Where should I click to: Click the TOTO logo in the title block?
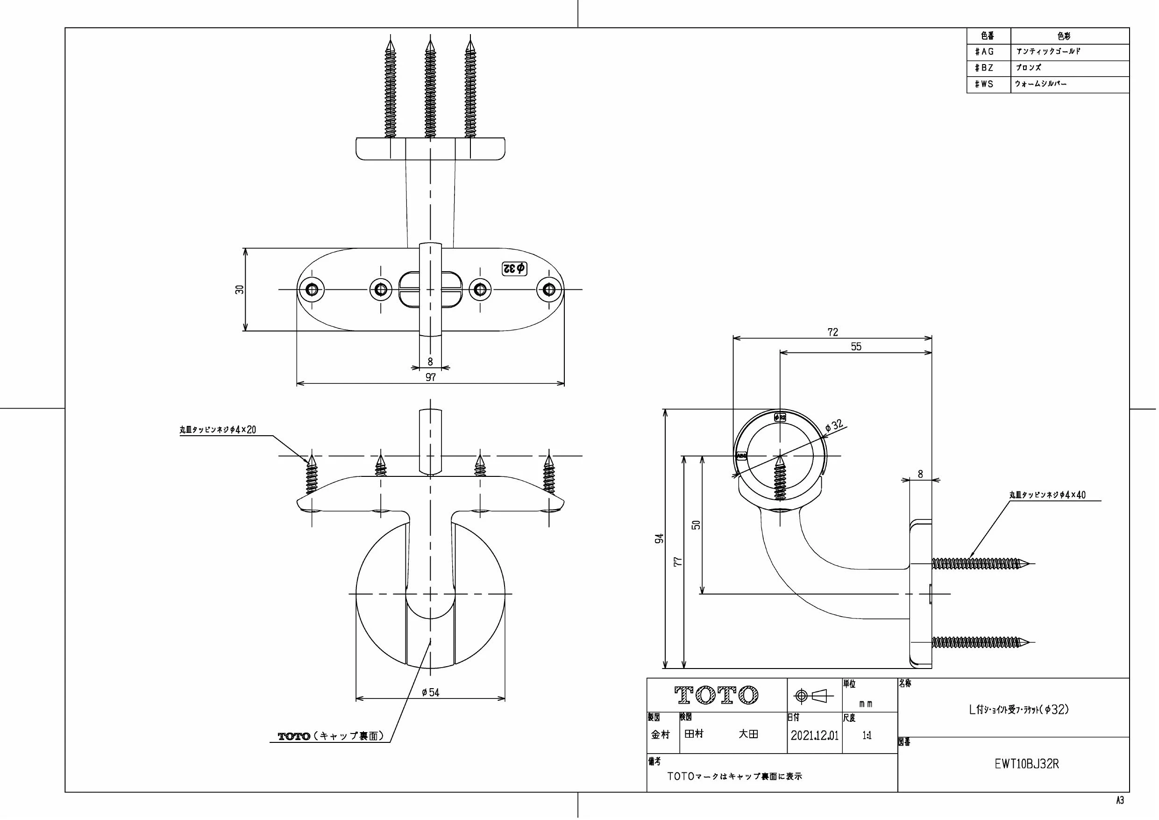[x=716, y=695]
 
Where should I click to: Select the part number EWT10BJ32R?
[x=1027, y=764]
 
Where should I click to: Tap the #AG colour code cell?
[x=984, y=51]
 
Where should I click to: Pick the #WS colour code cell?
[x=984, y=84]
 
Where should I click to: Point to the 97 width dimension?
[x=431, y=377]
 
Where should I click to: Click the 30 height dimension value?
[x=240, y=289]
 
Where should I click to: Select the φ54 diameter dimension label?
[x=431, y=692]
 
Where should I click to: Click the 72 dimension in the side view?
[x=833, y=332]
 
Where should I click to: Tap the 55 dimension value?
[x=856, y=346]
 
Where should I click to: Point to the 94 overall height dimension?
[x=659, y=539]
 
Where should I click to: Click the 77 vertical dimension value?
[x=678, y=561]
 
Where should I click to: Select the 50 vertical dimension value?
[x=697, y=525]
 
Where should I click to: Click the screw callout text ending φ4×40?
[x=1047, y=495]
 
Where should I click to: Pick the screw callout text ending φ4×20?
[x=218, y=430]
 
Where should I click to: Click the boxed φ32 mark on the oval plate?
[x=514, y=268]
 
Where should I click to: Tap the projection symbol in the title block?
[x=814, y=696]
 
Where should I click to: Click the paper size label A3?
[x=1120, y=800]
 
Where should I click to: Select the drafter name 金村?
[x=660, y=734]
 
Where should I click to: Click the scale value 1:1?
[x=867, y=736]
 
